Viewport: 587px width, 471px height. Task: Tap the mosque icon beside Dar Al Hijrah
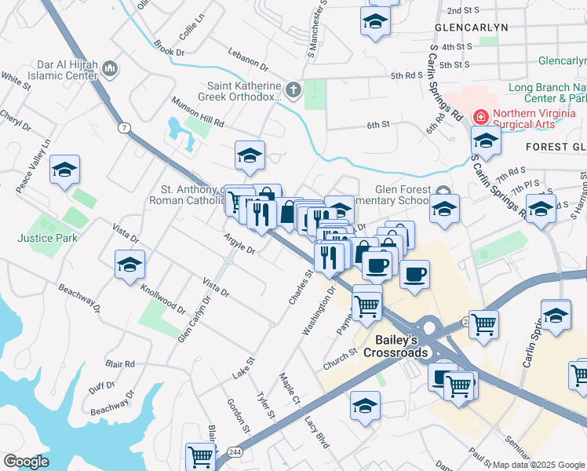(111, 69)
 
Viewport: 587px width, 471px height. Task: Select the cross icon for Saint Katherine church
(293, 89)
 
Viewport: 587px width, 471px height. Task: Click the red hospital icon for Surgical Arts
(480, 117)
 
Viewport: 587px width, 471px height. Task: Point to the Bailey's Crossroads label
(390, 346)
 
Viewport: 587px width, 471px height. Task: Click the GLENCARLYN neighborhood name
(471, 27)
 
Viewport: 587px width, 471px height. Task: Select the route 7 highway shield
(124, 127)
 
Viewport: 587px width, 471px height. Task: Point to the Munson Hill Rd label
(199, 113)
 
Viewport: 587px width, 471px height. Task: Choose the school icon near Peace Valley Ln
(64, 169)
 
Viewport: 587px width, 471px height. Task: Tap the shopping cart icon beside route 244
(201, 455)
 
